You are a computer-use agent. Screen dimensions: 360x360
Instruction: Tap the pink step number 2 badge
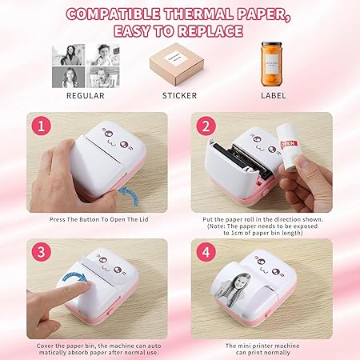[x=205, y=126]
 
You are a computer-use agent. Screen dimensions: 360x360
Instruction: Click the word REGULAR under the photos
[x=86, y=96]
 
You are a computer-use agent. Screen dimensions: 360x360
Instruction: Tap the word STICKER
[x=179, y=96]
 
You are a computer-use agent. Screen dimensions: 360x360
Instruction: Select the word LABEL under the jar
[x=273, y=96]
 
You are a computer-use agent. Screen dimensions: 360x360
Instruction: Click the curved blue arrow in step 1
[x=122, y=195]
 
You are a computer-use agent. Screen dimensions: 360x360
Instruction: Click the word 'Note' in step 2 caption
[x=216, y=226]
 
